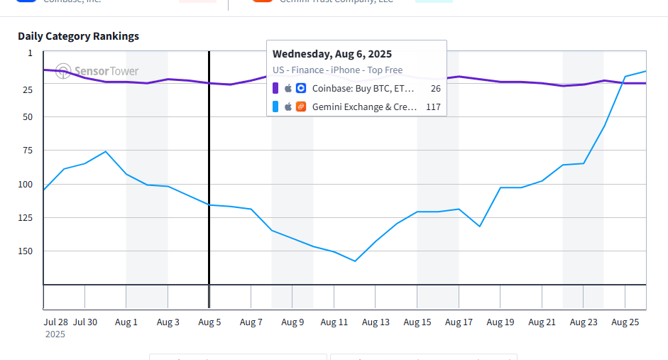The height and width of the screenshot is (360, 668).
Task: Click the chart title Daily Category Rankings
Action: click(x=78, y=36)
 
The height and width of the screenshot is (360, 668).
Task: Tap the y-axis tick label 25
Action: click(x=28, y=89)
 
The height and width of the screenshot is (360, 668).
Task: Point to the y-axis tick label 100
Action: click(x=26, y=184)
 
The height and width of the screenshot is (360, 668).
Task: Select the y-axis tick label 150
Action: click(x=26, y=251)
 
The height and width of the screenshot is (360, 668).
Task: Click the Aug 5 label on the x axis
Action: click(x=209, y=322)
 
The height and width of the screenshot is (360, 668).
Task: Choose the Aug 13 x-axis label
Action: click(x=376, y=322)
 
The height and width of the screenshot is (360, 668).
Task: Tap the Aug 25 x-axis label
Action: click(x=625, y=322)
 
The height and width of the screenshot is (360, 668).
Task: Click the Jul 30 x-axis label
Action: click(x=85, y=322)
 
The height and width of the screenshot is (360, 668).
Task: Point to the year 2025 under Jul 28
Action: click(x=55, y=334)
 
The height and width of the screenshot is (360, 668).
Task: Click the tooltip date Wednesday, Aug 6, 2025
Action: click(x=332, y=54)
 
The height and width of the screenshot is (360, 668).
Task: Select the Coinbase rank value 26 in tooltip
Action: click(x=435, y=89)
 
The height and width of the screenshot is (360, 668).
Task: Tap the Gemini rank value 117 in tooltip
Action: click(x=433, y=107)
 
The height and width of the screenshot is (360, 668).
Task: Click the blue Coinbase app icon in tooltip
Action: click(x=301, y=89)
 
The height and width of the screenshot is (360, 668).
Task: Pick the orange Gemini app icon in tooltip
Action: click(x=301, y=107)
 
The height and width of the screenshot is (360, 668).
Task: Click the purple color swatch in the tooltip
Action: click(x=275, y=89)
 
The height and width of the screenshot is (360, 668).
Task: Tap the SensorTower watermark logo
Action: click(x=97, y=71)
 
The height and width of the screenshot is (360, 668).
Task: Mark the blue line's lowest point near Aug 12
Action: click(x=355, y=261)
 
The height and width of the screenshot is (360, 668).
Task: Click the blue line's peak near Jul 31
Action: click(x=106, y=151)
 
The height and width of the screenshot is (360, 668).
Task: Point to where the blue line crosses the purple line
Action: click(x=622, y=83)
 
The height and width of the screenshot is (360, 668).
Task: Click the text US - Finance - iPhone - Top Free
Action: click(x=337, y=70)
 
